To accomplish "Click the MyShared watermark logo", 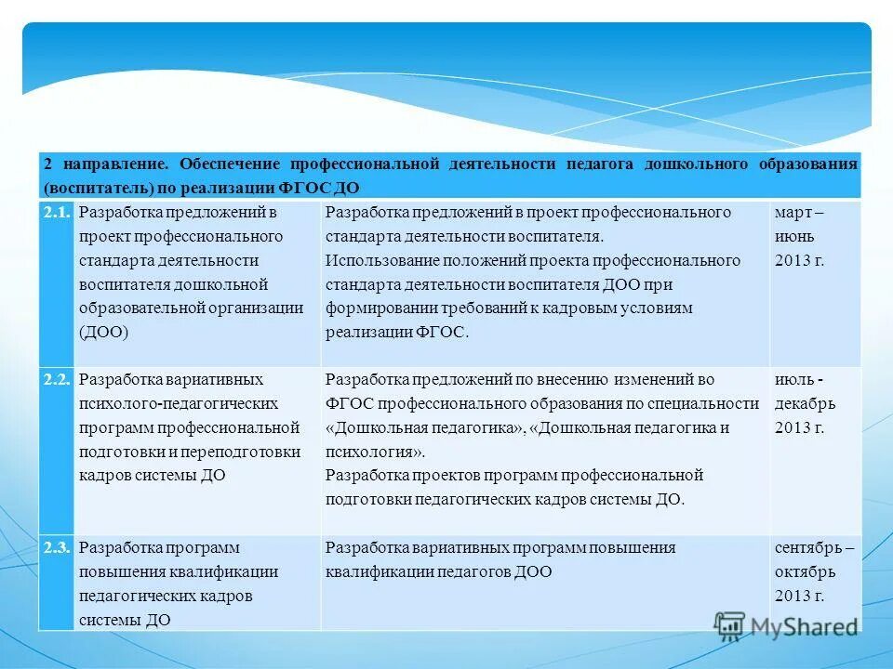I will point(786,625).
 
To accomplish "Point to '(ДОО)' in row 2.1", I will point(104,332).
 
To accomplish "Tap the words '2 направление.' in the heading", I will point(105,164).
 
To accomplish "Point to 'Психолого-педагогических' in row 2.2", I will point(179,404).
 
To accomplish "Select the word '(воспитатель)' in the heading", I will point(89,187).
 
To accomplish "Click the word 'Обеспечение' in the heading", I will point(231,164).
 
